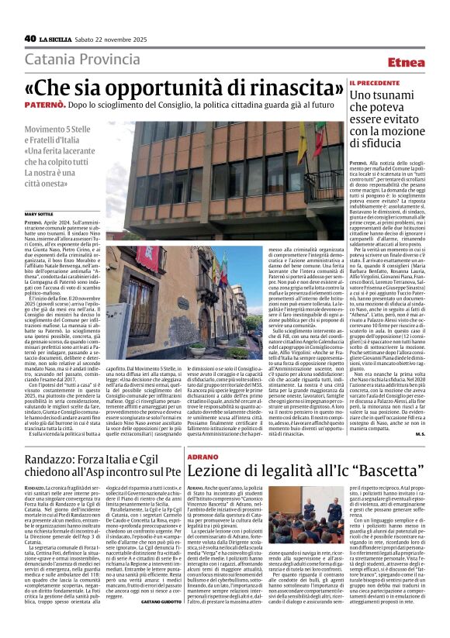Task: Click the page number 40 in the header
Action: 30,38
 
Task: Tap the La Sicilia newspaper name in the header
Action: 58,38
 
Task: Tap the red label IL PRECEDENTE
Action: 375,82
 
